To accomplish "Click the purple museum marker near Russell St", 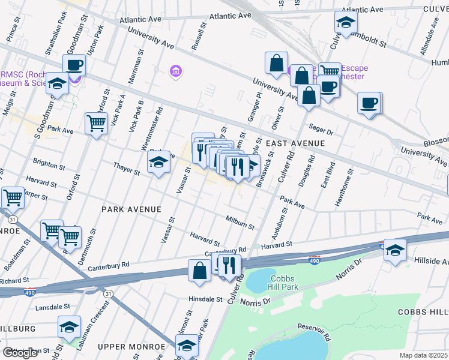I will pos(175,72).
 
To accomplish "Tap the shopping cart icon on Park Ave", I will pos(96,123).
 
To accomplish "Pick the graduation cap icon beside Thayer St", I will pos(158,162).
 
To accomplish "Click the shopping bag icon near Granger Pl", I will pos(276,63).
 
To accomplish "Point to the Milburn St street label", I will pos(240,223).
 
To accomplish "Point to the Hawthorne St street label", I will pos(345,188).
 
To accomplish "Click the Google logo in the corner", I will pos(20,353).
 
